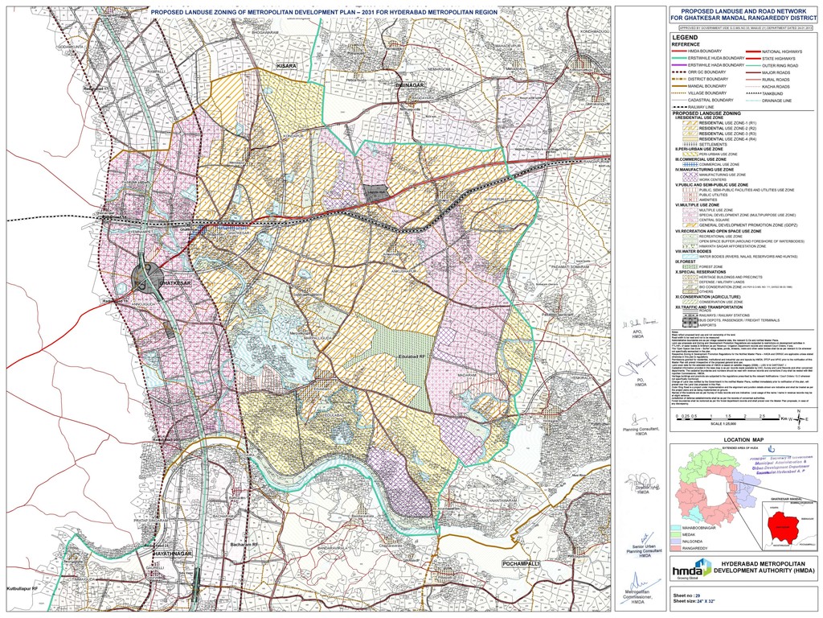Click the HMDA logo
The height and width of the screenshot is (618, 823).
(x=691, y=568)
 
